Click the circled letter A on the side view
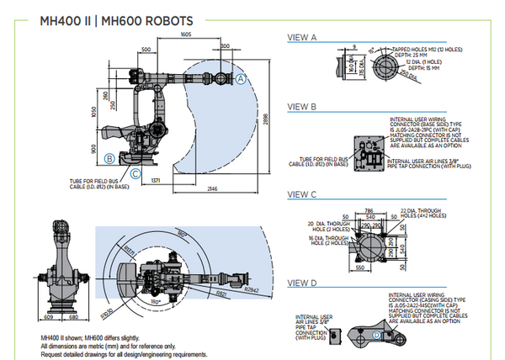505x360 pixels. tap(240, 78)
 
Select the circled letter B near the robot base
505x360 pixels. tap(109, 157)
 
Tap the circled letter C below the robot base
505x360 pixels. tap(135, 173)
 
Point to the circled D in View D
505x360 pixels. tap(375, 334)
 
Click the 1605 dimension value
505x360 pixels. tap(186, 34)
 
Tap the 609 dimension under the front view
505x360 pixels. tap(47, 318)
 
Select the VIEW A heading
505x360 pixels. tap(302, 38)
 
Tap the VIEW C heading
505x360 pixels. tap(302, 195)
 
